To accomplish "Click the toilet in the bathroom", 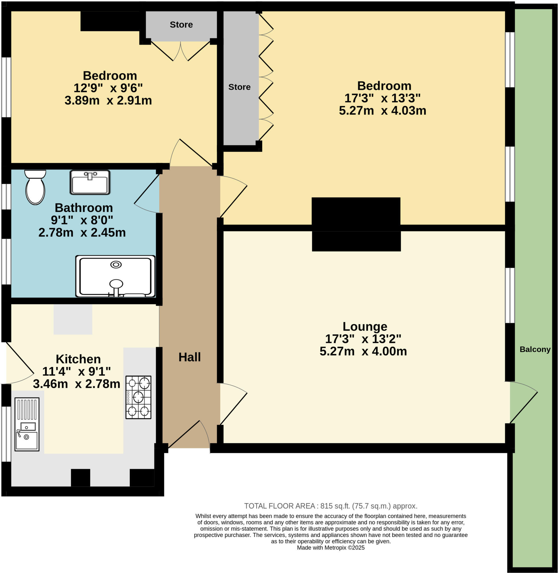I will (35, 187).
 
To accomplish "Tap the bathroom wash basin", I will (90, 183).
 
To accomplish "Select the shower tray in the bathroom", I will (116, 276).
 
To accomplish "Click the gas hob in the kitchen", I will (138, 397).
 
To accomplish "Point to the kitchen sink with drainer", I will (27, 424).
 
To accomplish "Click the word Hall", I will (190, 357).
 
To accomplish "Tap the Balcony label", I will (535, 349).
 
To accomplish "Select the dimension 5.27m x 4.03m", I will (382, 111).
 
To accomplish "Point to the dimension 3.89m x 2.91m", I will (108, 100).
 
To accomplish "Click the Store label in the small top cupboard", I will (181, 25).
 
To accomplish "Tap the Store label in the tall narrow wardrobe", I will (239, 87).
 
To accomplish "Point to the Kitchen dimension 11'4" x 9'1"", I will (76, 371).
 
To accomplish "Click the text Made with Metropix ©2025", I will (331, 548).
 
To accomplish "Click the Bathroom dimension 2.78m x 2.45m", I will (82, 233).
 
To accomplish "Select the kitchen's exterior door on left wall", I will (19, 363).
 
